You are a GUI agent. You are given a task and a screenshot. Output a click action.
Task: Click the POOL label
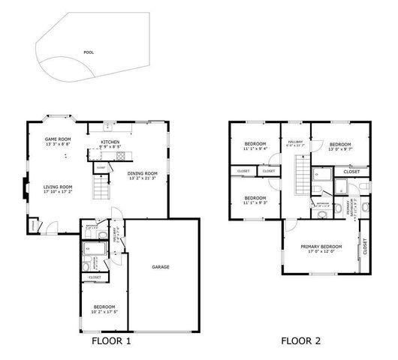coord(89,52)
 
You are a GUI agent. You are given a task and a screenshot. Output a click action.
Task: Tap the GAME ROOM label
coord(57,139)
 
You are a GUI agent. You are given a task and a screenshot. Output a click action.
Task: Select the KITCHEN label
coord(110,141)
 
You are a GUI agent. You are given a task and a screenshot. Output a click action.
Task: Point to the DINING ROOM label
coord(142,174)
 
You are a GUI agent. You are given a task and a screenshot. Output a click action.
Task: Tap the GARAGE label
coord(160,266)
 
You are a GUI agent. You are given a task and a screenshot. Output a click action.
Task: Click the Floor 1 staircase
coord(101,184)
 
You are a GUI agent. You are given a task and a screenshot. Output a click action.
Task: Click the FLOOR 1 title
coord(111,341)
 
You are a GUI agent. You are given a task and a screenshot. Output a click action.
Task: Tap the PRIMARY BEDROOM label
coord(321,247)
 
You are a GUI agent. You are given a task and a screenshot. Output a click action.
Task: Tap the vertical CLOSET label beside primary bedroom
coord(366,247)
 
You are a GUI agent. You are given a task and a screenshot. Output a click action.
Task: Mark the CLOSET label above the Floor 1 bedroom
coord(95,277)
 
